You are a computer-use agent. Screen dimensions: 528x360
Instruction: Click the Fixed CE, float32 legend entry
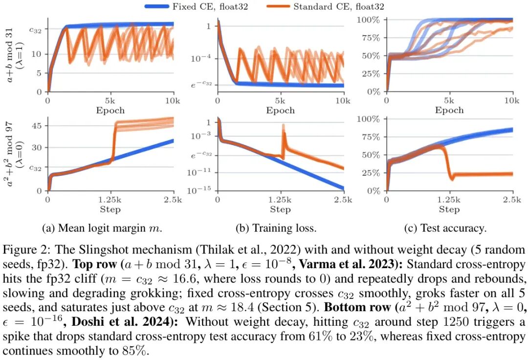[197, 6]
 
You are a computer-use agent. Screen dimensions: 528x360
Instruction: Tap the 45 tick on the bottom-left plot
[37, 126]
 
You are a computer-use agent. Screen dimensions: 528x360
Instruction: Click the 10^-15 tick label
[198, 190]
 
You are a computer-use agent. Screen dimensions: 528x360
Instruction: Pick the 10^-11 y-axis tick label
[198, 172]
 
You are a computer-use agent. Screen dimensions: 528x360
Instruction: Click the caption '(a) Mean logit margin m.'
[102, 228]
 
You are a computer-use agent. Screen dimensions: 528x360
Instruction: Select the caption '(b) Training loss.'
[276, 228]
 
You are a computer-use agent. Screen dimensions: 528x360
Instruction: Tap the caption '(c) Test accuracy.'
[445, 228]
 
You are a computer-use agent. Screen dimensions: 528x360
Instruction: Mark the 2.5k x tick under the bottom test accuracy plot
[512, 200]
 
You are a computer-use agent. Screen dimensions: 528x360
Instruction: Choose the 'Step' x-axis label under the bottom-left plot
[110, 210]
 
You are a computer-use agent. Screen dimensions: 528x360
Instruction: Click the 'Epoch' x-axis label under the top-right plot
[449, 110]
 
